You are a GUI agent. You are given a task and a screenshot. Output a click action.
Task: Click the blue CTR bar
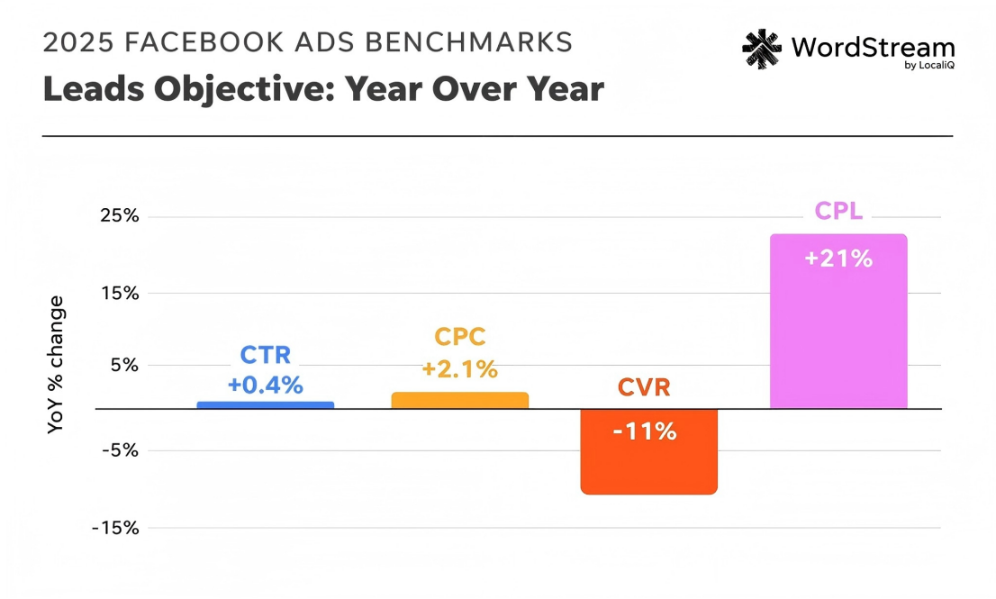[x=265, y=405]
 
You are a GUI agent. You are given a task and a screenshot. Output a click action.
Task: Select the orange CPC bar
[x=459, y=401]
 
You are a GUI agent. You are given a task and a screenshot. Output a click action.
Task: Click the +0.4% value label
[x=265, y=385]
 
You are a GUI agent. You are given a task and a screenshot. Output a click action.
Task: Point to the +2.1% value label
[x=459, y=368]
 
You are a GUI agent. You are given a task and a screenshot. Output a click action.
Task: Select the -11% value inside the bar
[x=645, y=431]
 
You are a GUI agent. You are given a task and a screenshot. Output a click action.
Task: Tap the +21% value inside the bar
[x=838, y=259]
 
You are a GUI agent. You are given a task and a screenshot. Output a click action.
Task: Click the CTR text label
[x=266, y=355]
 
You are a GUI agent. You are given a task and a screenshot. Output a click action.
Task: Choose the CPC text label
[x=460, y=337]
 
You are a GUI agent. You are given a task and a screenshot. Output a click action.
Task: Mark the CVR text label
[x=644, y=388]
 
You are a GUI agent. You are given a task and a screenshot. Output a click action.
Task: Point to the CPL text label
[x=838, y=211]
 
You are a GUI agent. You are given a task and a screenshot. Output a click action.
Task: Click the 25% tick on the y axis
[x=119, y=216]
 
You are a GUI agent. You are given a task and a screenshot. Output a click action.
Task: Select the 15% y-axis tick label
[x=119, y=293]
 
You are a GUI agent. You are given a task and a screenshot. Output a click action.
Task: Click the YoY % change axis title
[x=56, y=365]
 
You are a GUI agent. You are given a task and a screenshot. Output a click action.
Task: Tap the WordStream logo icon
[x=762, y=50]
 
